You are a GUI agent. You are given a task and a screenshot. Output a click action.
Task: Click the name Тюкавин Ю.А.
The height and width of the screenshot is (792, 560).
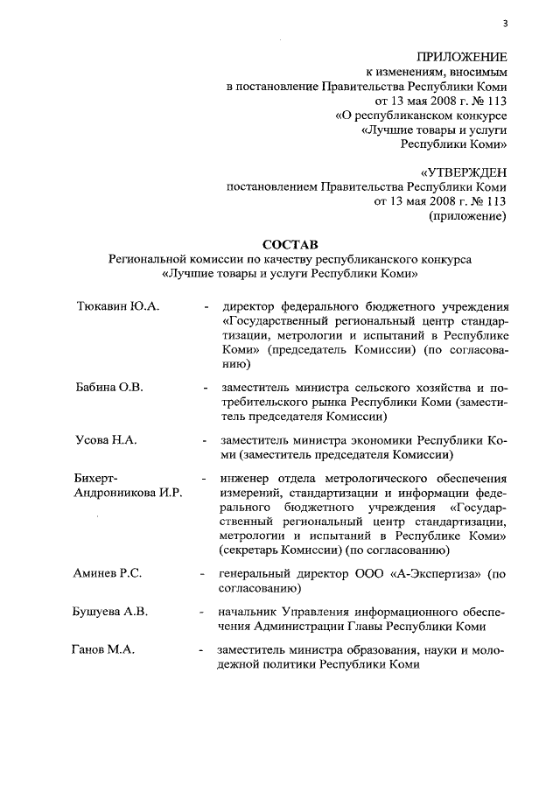(x=116, y=309)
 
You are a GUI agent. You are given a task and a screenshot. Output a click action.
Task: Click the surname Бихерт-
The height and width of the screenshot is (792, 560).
(x=96, y=478)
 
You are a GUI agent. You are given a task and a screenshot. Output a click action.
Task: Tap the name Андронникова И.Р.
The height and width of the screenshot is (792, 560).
(x=129, y=494)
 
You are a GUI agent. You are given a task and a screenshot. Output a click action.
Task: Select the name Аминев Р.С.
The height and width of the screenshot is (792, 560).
(x=109, y=573)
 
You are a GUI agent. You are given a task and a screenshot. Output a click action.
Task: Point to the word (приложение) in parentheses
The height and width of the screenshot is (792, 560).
(x=466, y=217)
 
